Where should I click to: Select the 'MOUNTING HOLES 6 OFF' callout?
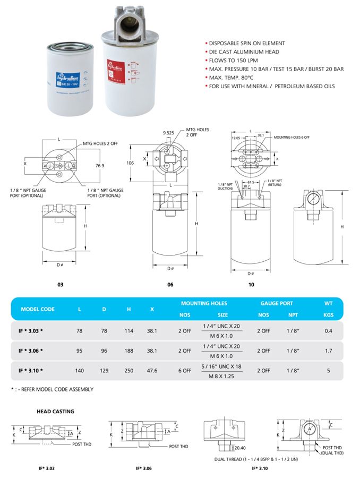[292, 137]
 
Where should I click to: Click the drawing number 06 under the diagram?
[170, 285]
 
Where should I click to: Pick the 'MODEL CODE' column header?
[38, 309]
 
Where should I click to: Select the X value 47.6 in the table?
[152, 371]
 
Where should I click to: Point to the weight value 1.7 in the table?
[329, 351]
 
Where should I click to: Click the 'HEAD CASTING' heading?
[55, 411]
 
